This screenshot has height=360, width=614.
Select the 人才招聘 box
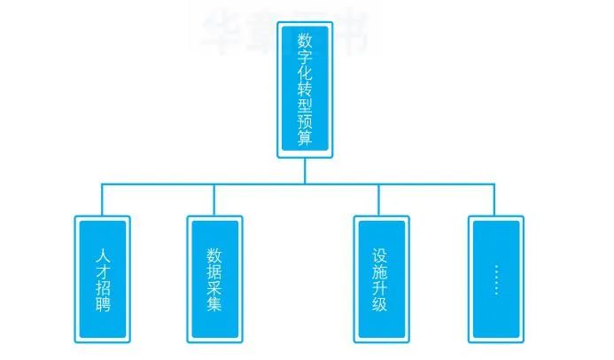103,278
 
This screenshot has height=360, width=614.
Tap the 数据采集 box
214,278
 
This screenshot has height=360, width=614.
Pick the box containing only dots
494,278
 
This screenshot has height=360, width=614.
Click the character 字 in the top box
305,58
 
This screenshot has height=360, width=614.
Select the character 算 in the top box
305,138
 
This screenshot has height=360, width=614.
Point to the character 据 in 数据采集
214,270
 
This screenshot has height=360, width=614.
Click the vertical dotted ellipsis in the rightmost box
495,278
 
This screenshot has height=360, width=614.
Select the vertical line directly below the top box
305,170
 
